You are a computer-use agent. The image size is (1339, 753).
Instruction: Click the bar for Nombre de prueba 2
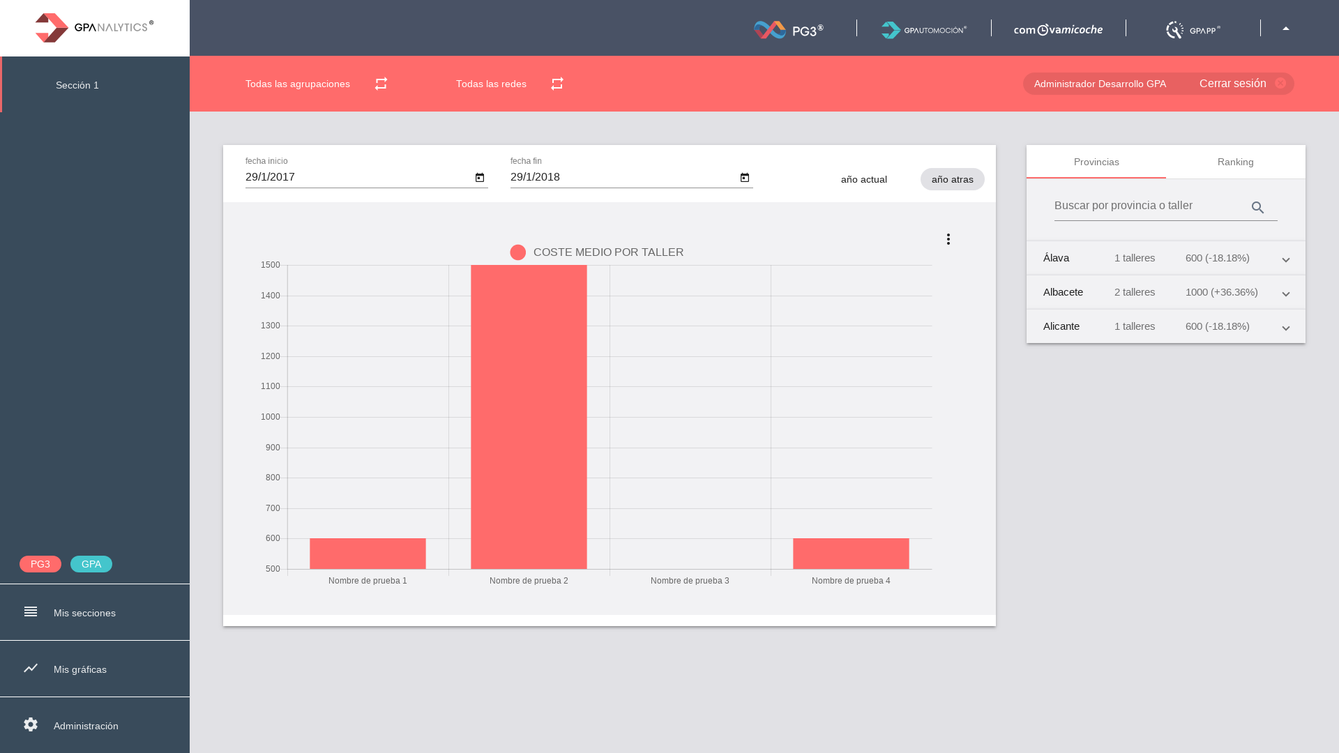[529, 417]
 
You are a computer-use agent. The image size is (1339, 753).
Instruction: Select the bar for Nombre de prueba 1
[368, 554]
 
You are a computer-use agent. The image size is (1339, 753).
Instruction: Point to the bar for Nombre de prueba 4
[851, 554]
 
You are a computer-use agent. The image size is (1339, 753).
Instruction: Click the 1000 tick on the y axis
[270, 417]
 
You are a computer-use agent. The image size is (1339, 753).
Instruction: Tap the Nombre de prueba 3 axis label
[690, 581]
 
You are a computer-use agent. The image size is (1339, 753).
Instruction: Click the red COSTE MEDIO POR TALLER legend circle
[518, 252]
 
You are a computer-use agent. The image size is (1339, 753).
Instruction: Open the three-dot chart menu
[948, 239]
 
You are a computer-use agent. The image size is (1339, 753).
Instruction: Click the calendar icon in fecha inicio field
[480, 178]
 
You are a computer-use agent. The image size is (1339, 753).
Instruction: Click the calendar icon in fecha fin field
[745, 178]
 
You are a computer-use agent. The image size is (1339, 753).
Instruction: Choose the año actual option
[863, 179]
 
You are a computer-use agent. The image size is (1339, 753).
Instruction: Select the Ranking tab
[1235, 162]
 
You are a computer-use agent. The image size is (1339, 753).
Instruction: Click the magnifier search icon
[1257, 208]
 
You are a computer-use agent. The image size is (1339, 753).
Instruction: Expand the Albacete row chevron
[1286, 294]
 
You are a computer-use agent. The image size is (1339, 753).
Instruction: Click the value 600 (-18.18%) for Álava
[1217, 258]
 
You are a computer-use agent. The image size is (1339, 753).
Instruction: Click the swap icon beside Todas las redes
[557, 84]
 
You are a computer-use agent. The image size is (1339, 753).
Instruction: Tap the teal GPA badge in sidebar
[91, 564]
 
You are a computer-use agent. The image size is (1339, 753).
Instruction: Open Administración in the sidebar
[86, 726]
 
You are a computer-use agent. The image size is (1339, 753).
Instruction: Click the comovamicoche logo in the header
[1058, 29]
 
